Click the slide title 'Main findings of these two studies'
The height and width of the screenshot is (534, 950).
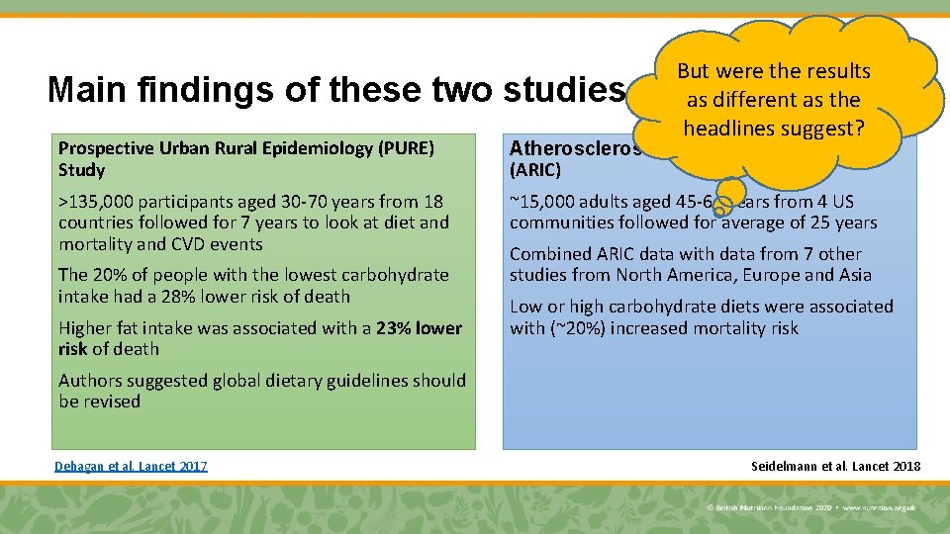coord(336,91)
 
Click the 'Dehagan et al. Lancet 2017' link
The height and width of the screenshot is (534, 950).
coord(131,466)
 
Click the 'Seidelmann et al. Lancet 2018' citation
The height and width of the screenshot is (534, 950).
coord(836,466)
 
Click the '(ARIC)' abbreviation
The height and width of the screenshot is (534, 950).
coord(535,170)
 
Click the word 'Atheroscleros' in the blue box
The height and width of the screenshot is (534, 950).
coord(575,148)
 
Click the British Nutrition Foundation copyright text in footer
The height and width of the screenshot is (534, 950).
coord(771,507)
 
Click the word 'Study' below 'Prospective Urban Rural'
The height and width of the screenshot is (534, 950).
coord(81,170)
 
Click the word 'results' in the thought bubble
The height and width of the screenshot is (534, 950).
coord(837,71)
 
